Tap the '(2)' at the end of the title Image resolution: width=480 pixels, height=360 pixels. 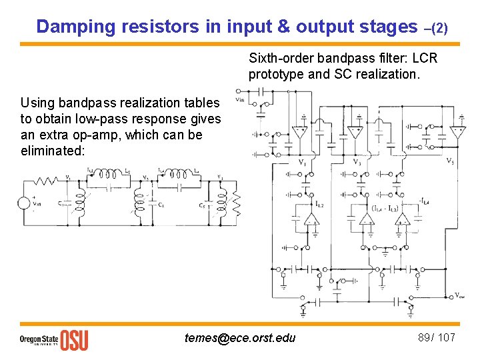coord(441,29)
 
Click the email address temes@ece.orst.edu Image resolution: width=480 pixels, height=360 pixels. coord(240,338)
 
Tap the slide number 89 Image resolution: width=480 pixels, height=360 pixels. coord(424,337)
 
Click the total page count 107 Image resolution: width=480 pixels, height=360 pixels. coord(446,337)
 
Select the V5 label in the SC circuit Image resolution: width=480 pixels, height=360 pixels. coord(450,160)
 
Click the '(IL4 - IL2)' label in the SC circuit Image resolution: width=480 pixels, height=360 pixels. coord(385,207)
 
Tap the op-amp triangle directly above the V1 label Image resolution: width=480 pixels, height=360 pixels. coord(301,133)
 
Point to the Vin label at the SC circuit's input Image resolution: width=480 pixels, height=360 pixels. coord(240,101)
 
